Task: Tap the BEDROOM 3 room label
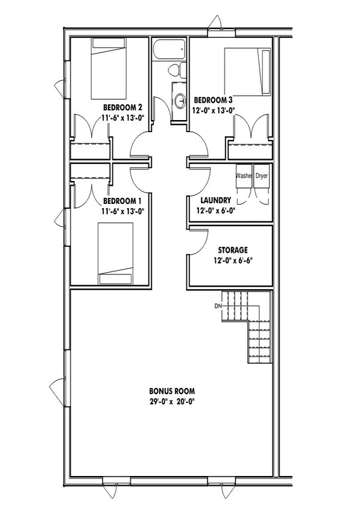point(213,100)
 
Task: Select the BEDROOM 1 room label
point(123,201)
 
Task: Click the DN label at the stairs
point(218,306)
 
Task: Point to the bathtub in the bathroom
point(169,49)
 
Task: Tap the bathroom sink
point(179,100)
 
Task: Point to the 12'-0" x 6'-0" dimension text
point(216,211)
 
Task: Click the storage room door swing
point(199,243)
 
